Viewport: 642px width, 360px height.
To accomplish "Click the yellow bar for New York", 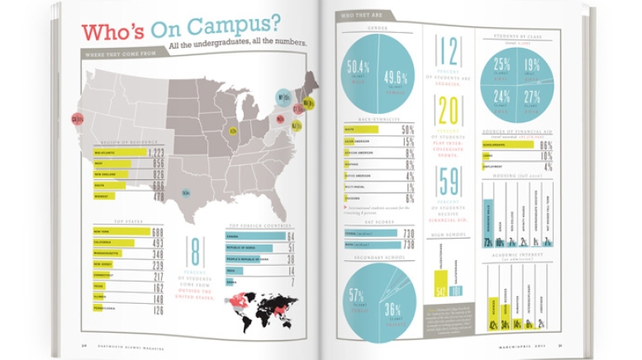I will click(122, 232).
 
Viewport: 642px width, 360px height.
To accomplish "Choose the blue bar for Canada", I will click(255, 236).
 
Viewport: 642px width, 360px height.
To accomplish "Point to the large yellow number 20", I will click(449, 109).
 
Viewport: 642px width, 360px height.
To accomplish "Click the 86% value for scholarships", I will click(545, 144).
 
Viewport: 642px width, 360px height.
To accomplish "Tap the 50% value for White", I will click(408, 130).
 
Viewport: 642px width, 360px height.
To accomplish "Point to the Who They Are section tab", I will click(364, 15).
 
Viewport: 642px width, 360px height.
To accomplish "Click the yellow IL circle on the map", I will click(234, 130).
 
